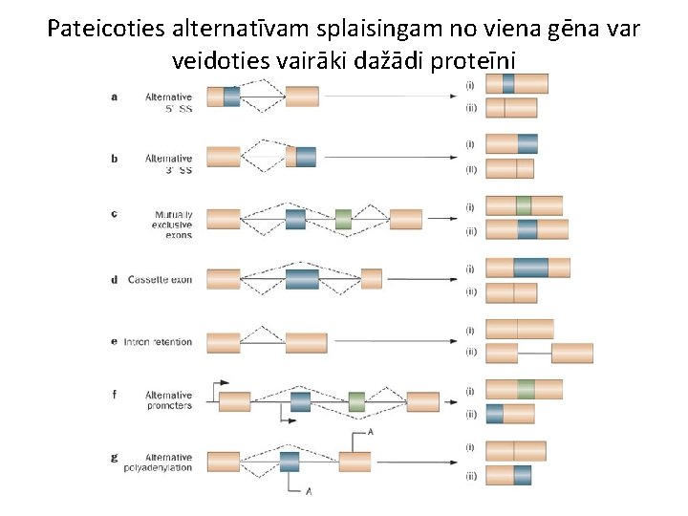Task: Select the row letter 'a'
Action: click(x=115, y=97)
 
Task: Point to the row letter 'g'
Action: click(x=115, y=458)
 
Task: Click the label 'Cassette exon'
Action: click(x=161, y=280)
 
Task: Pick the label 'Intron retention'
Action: click(x=158, y=342)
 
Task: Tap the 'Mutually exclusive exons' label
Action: click(x=173, y=225)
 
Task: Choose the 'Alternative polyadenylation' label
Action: click(x=158, y=462)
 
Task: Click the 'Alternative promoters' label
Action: click(x=168, y=400)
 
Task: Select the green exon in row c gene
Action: click(x=343, y=219)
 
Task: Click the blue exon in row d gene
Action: click(x=301, y=279)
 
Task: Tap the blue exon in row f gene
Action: click(x=300, y=401)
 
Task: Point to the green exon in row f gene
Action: click(x=356, y=401)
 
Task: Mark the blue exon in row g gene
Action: click(x=290, y=462)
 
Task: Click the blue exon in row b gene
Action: click(x=306, y=157)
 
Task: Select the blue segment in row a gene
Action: click(x=231, y=96)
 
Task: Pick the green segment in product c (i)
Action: click(x=523, y=205)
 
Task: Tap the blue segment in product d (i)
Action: click(x=530, y=268)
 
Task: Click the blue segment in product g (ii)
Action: click(x=523, y=475)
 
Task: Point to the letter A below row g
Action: click(x=309, y=491)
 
